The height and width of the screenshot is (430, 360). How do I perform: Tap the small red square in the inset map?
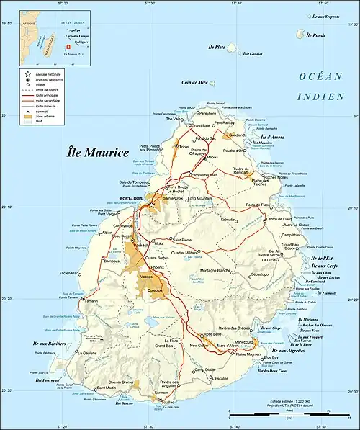[68, 47]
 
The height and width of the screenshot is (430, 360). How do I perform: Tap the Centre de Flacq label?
[281, 218]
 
